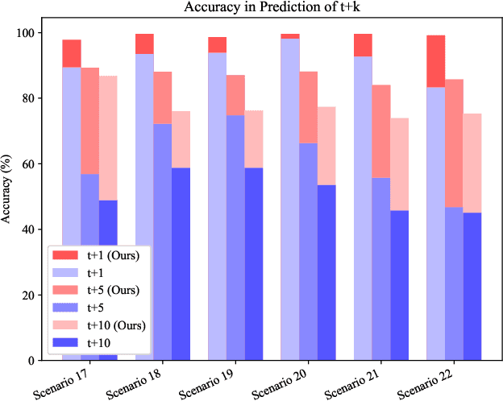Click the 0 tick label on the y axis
coord(39,361)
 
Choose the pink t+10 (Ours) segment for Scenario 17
coord(108,138)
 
